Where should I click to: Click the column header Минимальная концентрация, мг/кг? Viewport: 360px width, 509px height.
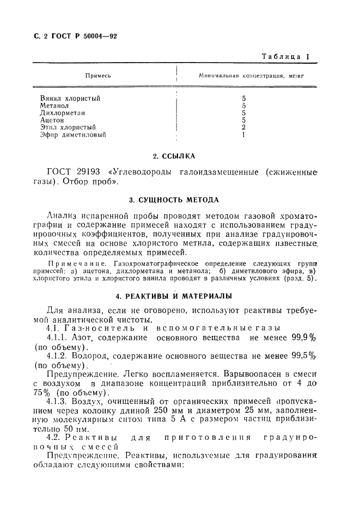pyautogui.click(x=251, y=76)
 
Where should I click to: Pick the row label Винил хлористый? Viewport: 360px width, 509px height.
pyautogui.click(x=70, y=99)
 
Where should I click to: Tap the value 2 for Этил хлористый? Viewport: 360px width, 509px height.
pyautogui.click(x=244, y=127)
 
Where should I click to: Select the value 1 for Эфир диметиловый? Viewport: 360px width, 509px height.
pyautogui.click(x=244, y=134)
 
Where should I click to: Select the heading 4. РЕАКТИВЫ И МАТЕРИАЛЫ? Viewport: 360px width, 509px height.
pyautogui.click(x=174, y=296)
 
